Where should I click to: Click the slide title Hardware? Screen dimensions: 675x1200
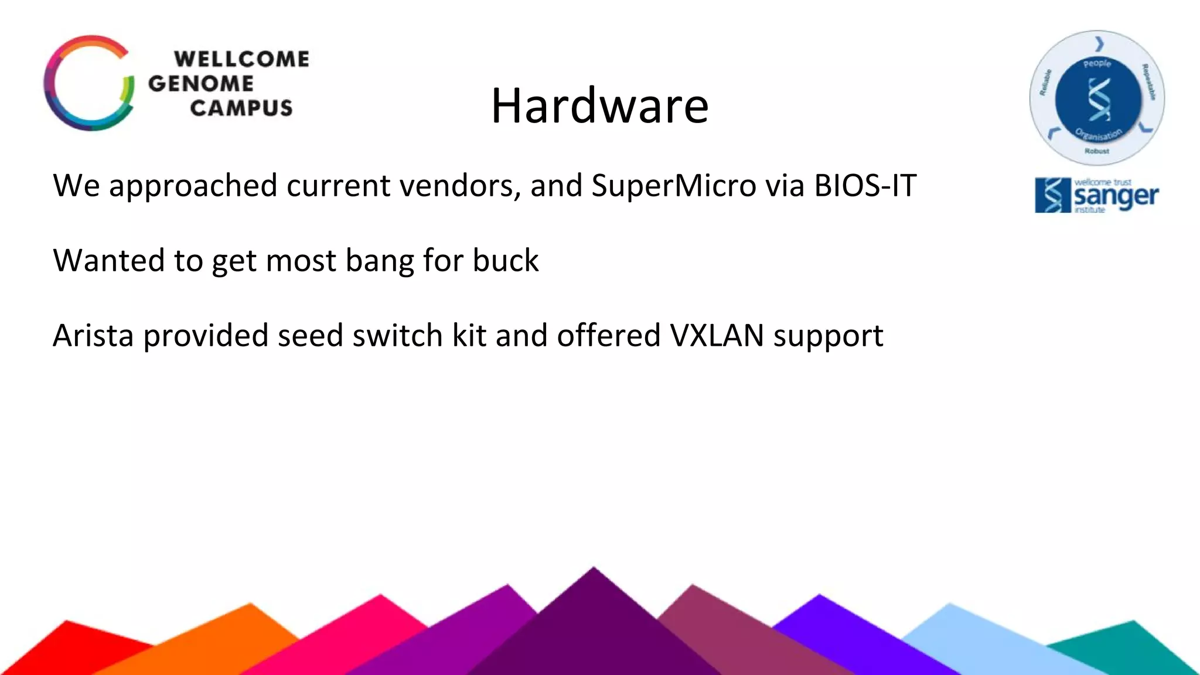tap(599, 106)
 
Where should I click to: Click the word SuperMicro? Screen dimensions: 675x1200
tap(674, 186)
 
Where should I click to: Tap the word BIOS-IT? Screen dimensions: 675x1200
tap(865, 186)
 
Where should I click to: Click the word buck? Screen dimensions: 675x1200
tap(505, 261)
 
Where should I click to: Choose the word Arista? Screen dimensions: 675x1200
tap(93, 336)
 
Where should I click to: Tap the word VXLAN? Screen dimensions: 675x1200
tap(717, 336)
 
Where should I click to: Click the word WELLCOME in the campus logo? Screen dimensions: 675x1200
tap(241, 59)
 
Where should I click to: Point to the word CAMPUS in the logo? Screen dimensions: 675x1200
tap(241, 108)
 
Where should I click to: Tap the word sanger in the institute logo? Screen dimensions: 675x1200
tap(1116, 197)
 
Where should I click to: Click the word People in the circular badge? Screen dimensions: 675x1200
tap(1097, 63)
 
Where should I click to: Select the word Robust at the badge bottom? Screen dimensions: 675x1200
tap(1096, 151)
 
